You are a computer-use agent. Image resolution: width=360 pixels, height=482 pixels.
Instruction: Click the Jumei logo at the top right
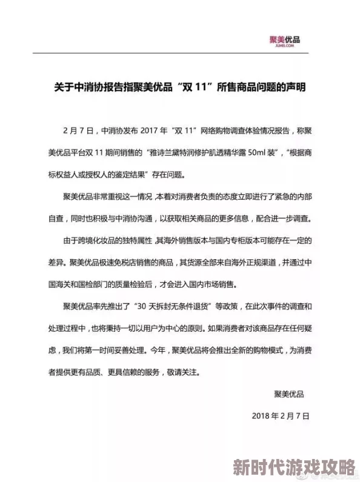pyautogui.click(x=284, y=41)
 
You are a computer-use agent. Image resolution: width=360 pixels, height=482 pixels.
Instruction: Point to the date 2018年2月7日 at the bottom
pyautogui.click(x=280, y=417)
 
